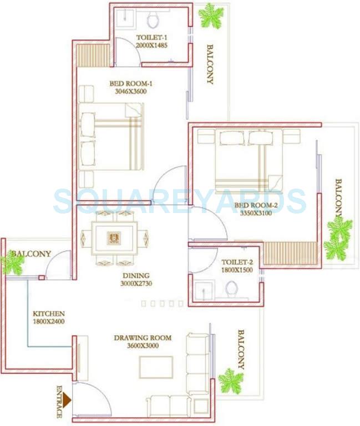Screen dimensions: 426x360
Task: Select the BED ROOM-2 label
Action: click(x=252, y=205)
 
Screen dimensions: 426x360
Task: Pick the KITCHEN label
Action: click(x=49, y=313)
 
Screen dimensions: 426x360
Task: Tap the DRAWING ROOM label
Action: click(x=143, y=337)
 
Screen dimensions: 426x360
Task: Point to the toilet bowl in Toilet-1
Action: click(x=153, y=20)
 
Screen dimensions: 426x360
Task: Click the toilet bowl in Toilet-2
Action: click(x=232, y=288)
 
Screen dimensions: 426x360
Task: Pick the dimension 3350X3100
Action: click(x=253, y=212)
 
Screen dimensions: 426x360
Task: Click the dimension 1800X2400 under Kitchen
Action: click(x=49, y=321)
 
